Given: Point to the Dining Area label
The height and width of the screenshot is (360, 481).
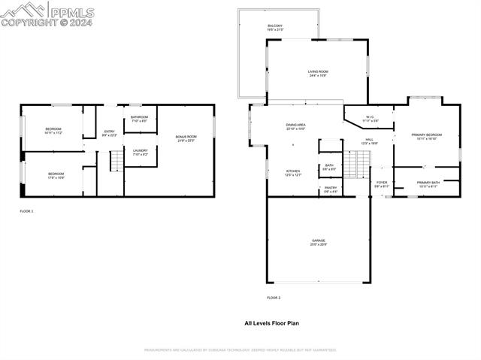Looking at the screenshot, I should [x=295, y=127].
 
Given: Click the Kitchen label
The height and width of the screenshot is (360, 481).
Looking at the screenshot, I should [x=293, y=173].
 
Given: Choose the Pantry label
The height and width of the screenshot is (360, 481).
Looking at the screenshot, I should [x=331, y=189].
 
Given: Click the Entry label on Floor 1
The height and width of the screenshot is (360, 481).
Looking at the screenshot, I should [x=110, y=133].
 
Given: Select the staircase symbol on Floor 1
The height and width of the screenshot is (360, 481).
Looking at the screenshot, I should [x=116, y=161].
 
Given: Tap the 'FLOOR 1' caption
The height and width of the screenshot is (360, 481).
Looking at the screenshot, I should [x=26, y=212].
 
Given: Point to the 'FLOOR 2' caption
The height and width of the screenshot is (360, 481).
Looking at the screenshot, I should [x=274, y=298].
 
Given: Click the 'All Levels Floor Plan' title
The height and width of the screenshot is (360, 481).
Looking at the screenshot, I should [x=271, y=323].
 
